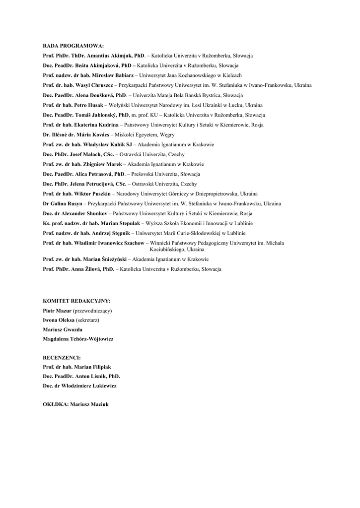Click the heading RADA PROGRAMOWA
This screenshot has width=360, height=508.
coord(73,46)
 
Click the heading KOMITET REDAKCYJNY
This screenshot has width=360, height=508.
coord(76,301)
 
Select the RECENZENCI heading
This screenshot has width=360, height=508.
coord(62,357)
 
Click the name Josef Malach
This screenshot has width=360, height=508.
coord(85,154)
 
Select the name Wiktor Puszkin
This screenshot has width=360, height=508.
coord(93,193)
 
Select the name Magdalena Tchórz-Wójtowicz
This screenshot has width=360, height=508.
coord(78,339)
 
